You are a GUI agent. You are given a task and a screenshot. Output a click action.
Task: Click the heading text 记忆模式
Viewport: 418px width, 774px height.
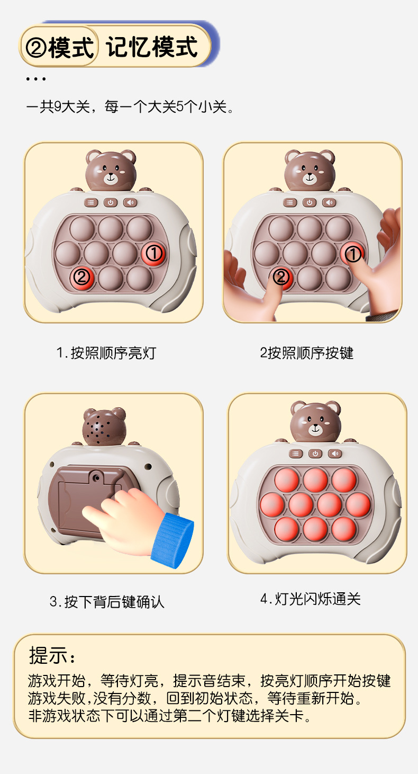tap(152, 47)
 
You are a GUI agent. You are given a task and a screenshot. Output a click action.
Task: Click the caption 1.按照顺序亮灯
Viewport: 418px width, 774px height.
tap(106, 352)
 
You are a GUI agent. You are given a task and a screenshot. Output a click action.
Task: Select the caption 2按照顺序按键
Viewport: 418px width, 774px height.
tap(306, 352)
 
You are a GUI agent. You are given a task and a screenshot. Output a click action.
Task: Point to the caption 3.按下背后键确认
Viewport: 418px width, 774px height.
tap(107, 601)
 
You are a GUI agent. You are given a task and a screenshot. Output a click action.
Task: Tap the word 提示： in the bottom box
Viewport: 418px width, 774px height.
tap(52, 655)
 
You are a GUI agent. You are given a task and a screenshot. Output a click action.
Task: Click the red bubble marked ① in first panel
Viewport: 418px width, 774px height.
tap(154, 253)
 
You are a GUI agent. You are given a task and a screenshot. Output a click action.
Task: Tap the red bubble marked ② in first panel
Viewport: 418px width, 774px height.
tap(81, 276)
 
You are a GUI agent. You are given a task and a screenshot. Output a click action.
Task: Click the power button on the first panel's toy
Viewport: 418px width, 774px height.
tap(110, 202)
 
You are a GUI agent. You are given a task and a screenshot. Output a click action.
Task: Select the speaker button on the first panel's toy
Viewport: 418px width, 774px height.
tap(130, 202)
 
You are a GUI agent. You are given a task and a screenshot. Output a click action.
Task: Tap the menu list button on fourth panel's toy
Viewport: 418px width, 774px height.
tap(296, 453)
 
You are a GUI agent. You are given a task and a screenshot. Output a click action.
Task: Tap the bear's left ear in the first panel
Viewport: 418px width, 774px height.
tap(94, 157)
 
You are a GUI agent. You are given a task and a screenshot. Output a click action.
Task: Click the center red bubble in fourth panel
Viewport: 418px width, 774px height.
tap(315, 504)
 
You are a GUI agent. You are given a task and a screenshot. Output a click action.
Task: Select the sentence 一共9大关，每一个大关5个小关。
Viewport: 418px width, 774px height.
tap(130, 107)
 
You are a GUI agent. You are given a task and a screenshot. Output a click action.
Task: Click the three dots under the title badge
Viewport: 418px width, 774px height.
tap(35, 79)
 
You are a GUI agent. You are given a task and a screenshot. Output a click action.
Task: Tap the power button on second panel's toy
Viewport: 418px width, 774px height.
tap(309, 202)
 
